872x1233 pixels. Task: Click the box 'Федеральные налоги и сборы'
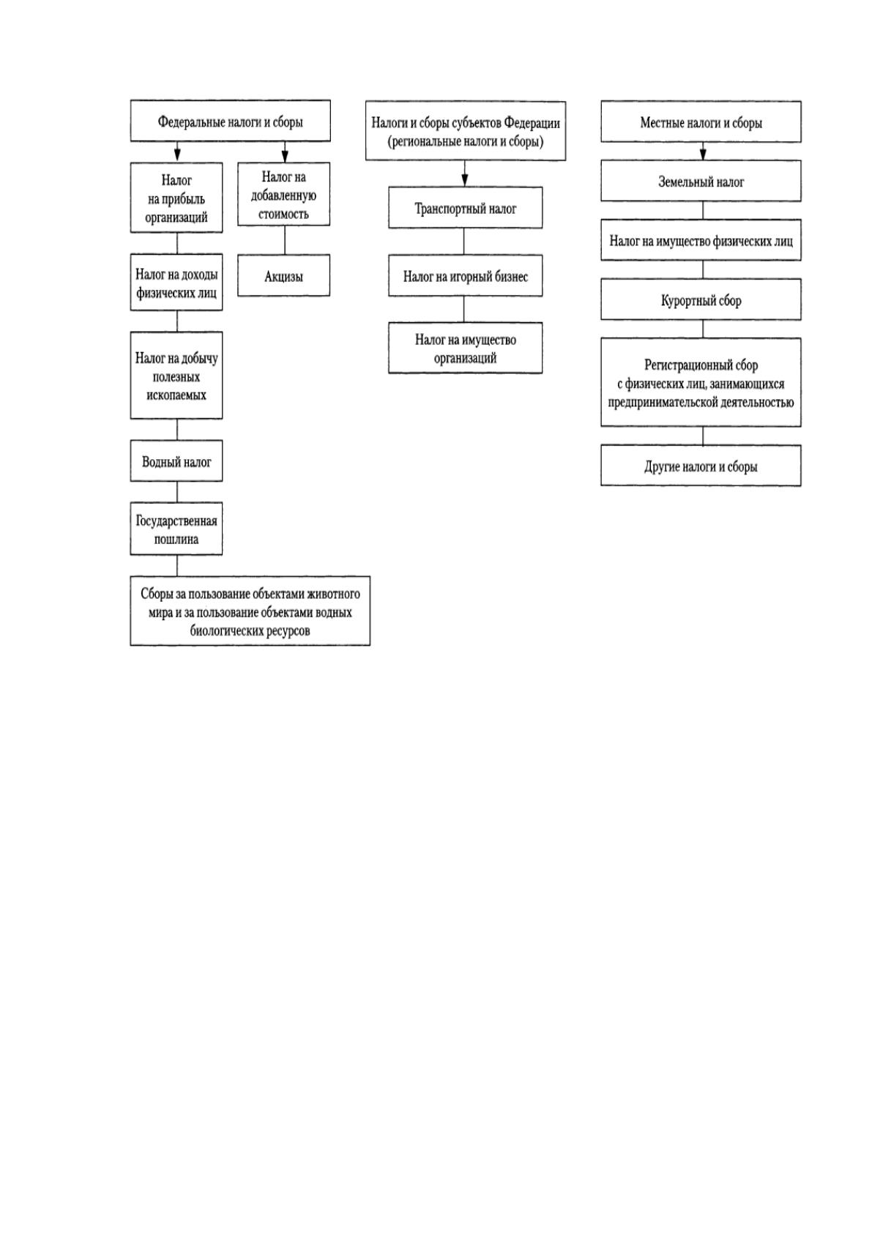pyautogui.click(x=230, y=121)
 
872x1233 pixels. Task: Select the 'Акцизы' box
pyautogui.click(x=283, y=275)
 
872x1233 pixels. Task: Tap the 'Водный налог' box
pyautogui.click(x=176, y=461)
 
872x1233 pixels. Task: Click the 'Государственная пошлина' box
pyautogui.click(x=176, y=529)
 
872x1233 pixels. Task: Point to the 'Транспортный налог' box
pyautogui.click(x=465, y=207)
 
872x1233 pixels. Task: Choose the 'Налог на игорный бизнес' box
pyautogui.click(x=465, y=275)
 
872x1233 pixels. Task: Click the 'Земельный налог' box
pyautogui.click(x=701, y=181)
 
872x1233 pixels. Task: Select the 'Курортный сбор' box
pyautogui.click(x=701, y=299)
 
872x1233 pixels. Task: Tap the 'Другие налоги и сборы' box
pyautogui.click(x=701, y=466)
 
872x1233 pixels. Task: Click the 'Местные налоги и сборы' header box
pyautogui.click(x=701, y=122)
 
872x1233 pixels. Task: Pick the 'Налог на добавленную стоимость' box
pyautogui.click(x=283, y=194)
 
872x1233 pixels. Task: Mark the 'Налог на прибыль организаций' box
pyautogui.click(x=176, y=197)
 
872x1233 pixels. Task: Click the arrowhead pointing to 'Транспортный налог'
pyautogui.click(x=465, y=180)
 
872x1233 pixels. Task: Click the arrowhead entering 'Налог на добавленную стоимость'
pyautogui.click(x=285, y=156)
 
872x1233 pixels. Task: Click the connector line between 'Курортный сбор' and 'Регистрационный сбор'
pyautogui.click(x=702, y=329)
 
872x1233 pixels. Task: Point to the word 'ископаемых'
pyautogui.click(x=176, y=395)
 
